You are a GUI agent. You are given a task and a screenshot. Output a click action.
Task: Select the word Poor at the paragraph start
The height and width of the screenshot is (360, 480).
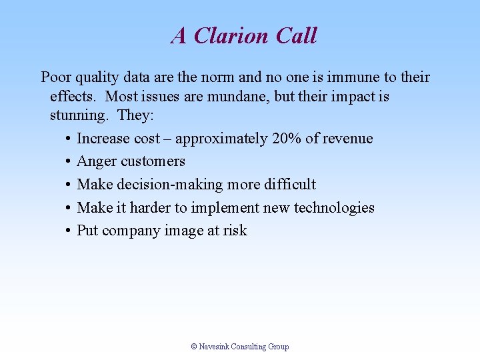(x=55, y=77)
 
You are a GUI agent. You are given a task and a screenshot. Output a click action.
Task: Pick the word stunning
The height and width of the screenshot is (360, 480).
(x=79, y=116)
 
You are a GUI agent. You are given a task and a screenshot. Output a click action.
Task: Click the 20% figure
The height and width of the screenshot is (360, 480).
(x=286, y=139)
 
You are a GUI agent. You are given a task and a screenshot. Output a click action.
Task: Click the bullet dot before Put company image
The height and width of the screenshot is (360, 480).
(x=69, y=231)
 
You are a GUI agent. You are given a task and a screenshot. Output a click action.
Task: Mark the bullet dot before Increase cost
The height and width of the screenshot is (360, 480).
(x=69, y=139)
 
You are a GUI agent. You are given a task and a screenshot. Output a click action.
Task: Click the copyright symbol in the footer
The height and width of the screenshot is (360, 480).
(x=194, y=347)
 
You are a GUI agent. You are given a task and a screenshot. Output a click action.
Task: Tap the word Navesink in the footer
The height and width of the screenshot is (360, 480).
(x=214, y=347)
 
